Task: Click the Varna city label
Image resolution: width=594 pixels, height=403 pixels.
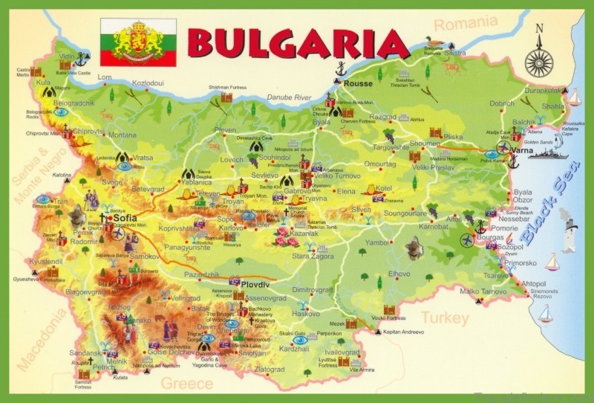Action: pos(523,150)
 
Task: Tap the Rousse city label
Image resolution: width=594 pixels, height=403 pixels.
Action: pos(357,83)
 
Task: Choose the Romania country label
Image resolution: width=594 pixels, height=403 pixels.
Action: pos(465,25)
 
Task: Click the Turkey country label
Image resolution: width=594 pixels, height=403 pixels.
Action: pos(445,318)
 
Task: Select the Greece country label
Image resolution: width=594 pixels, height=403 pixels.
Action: pos(187,383)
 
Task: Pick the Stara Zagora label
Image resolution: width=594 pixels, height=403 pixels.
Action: pos(312,256)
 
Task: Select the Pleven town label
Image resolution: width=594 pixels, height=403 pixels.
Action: pos(225,130)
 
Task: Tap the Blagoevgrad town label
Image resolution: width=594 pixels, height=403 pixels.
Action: pos(83,292)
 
